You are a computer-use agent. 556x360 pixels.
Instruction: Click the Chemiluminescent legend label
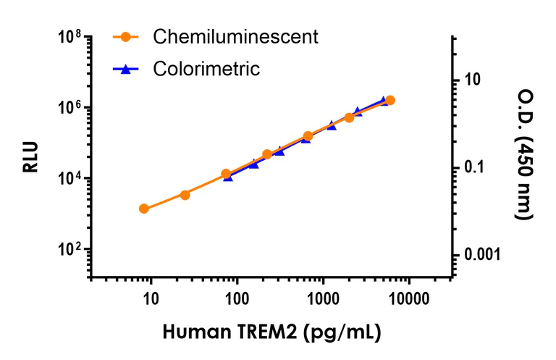(x=235, y=38)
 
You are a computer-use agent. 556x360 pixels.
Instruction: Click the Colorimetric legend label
(x=206, y=70)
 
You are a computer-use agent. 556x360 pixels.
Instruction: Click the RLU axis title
(x=30, y=157)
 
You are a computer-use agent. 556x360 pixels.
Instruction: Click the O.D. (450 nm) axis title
(x=524, y=155)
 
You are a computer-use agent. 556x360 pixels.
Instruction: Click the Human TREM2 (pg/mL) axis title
(x=271, y=332)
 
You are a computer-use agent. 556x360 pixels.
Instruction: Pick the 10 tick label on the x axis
(x=151, y=298)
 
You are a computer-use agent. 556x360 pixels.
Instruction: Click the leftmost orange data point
(x=144, y=209)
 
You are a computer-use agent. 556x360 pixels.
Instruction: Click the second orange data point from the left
(x=185, y=195)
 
